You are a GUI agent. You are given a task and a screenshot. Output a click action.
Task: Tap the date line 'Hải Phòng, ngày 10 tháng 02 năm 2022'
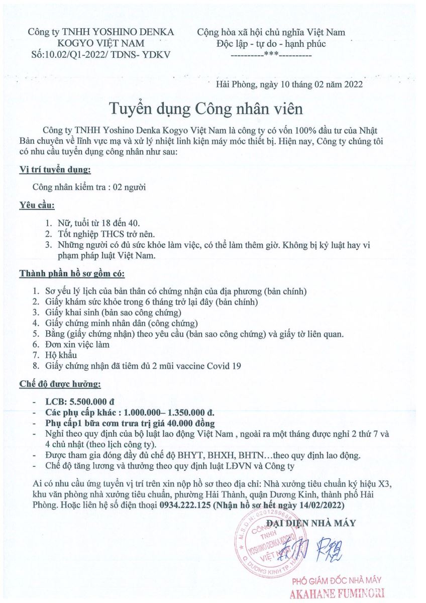point(289,84)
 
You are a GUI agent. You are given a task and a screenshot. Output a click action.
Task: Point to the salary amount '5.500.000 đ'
point(93,403)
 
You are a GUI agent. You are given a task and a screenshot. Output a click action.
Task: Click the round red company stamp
point(266,545)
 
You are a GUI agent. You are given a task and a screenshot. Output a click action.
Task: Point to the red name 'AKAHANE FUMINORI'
point(338,594)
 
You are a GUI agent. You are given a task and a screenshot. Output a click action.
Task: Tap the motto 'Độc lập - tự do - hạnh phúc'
point(271,44)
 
